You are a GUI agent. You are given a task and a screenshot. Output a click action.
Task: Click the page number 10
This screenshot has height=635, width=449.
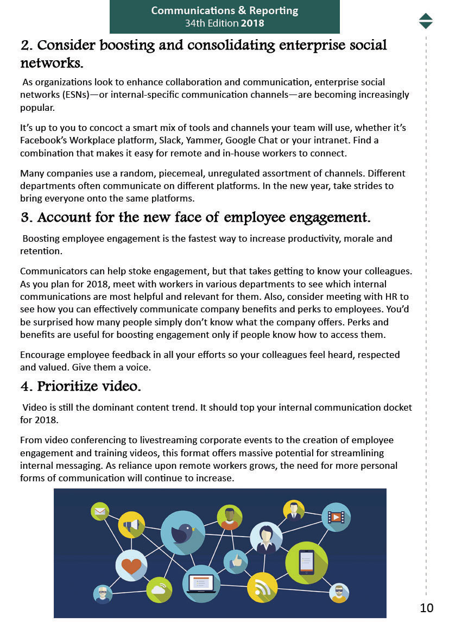(427, 608)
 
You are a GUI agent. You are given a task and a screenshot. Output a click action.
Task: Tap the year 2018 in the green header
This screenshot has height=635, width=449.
(252, 23)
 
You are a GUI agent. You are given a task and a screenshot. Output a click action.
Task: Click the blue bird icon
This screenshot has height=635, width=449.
(183, 533)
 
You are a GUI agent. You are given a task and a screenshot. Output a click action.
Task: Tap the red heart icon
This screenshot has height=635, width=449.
(131, 565)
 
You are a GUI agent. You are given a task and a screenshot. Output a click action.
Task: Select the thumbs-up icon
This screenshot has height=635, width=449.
(236, 561)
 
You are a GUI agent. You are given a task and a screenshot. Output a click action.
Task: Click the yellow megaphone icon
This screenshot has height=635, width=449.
(131, 525)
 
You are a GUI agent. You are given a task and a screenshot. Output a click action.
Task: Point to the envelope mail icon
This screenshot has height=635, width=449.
(100, 511)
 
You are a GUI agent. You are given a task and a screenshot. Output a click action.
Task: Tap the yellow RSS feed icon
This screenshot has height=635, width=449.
(262, 587)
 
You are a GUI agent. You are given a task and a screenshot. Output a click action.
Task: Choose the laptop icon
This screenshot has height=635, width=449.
(201, 583)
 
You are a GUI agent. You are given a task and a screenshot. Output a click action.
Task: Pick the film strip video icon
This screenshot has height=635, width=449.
(336, 517)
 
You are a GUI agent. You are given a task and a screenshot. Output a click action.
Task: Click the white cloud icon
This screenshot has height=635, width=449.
(159, 589)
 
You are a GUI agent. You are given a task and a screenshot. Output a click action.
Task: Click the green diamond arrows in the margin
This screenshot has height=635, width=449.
(426, 21)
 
